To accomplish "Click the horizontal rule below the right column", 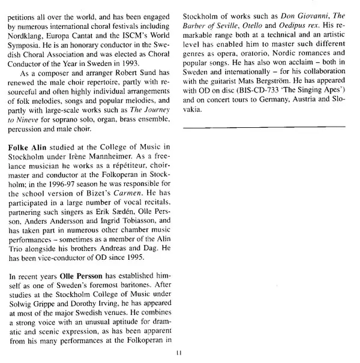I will [x=263, y=128].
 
